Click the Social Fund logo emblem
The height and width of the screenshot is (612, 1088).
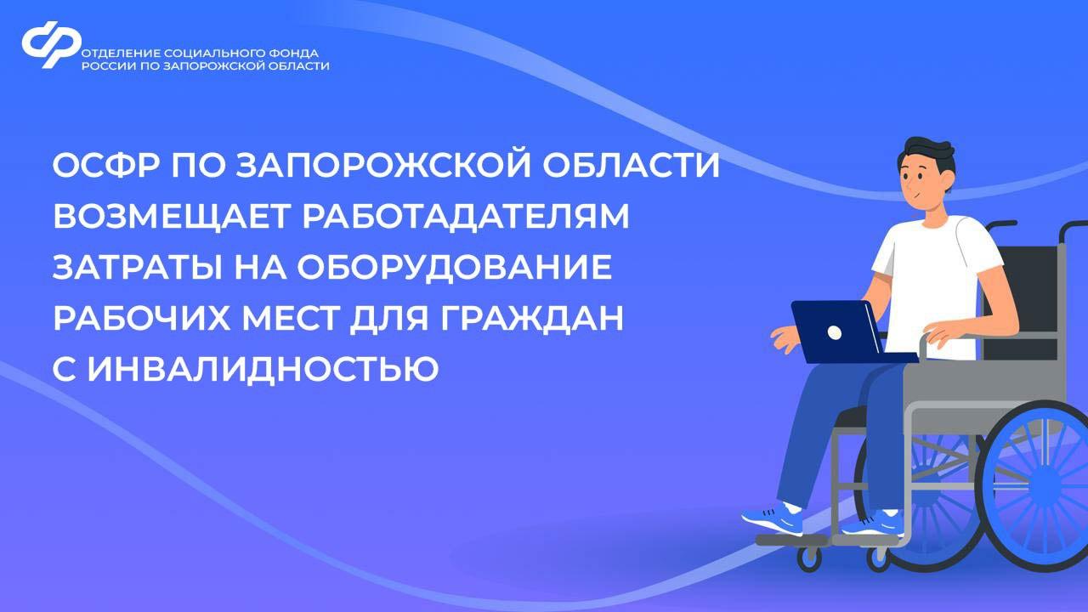[52, 44]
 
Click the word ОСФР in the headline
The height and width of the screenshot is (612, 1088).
[106, 166]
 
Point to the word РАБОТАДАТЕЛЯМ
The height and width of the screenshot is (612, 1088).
[466, 216]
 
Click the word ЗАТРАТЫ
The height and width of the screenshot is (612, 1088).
[137, 267]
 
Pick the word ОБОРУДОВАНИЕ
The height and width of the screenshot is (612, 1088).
[454, 267]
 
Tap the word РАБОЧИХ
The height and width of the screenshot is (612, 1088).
[141, 317]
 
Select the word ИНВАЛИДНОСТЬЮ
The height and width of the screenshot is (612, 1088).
[263, 370]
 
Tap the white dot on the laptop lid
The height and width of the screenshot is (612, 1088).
[835, 332]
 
